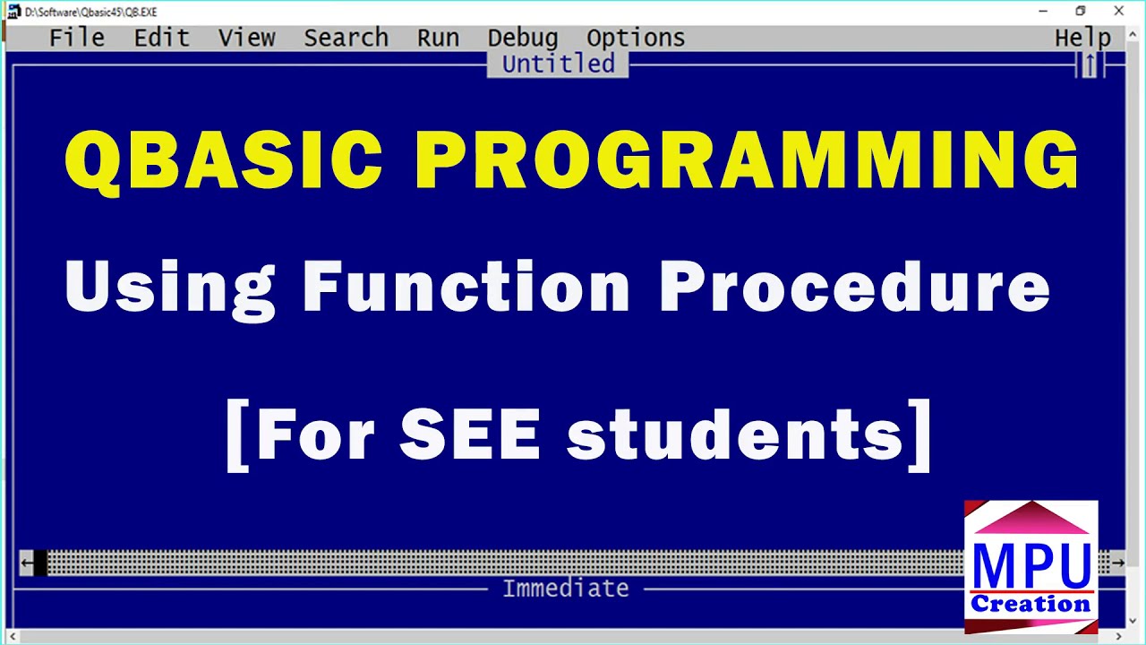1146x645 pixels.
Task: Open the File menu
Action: pyautogui.click(x=76, y=38)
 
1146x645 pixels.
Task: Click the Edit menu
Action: pyautogui.click(x=161, y=38)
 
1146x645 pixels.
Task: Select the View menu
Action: pyautogui.click(x=246, y=38)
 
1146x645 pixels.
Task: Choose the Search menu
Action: pyautogui.click(x=346, y=38)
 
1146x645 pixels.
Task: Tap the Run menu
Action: pyautogui.click(x=438, y=38)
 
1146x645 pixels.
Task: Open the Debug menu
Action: pyautogui.click(x=523, y=38)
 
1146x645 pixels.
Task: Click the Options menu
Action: pyautogui.click(x=636, y=38)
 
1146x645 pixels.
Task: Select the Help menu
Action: pyautogui.click(x=1082, y=38)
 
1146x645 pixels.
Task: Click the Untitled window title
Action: pyautogui.click(x=558, y=64)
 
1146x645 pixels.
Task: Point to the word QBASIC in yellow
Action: pyautogui.click(x=223, y=159)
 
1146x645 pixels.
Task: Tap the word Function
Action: pyautogui.click(x=466, y=287)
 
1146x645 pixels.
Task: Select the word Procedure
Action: pyautogui.click(x=854, y=287)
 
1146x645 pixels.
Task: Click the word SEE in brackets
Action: pyautogui.click(x=469, y=435)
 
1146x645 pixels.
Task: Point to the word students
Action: pyautogui.click(x=734, y=435)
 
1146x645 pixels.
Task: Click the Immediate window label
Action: pyautogui.click(x=565, y=589)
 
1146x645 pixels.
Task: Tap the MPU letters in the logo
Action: pyautogui.click(x=1031, y=564)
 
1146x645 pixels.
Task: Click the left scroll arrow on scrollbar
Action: pyautogui.click(x=27, y=563)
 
